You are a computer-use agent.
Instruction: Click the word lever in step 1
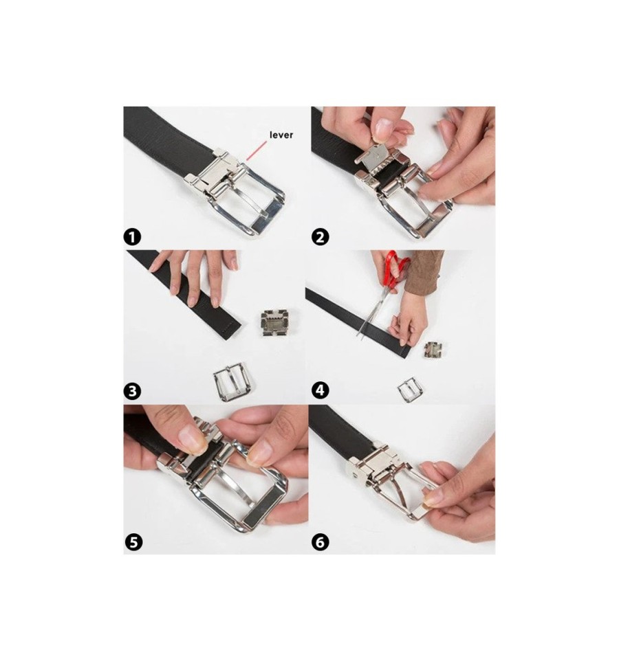(x=281, y=135)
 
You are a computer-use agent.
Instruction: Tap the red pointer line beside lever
(x=257, y=151)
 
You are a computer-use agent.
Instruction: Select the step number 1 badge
(x=132, y=237)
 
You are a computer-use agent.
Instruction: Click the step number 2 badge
(x=321, y=237)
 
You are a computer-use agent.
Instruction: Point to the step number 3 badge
(x=132, y=391)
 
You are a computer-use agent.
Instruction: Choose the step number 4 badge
(x=321, y=390)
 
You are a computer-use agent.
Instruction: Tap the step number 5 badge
(x=133, y=541)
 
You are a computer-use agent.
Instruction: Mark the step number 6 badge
(x=321, y=541)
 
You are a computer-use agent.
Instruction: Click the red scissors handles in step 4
(x=396, y=267)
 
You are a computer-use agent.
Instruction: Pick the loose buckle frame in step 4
(x=410, y=390)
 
